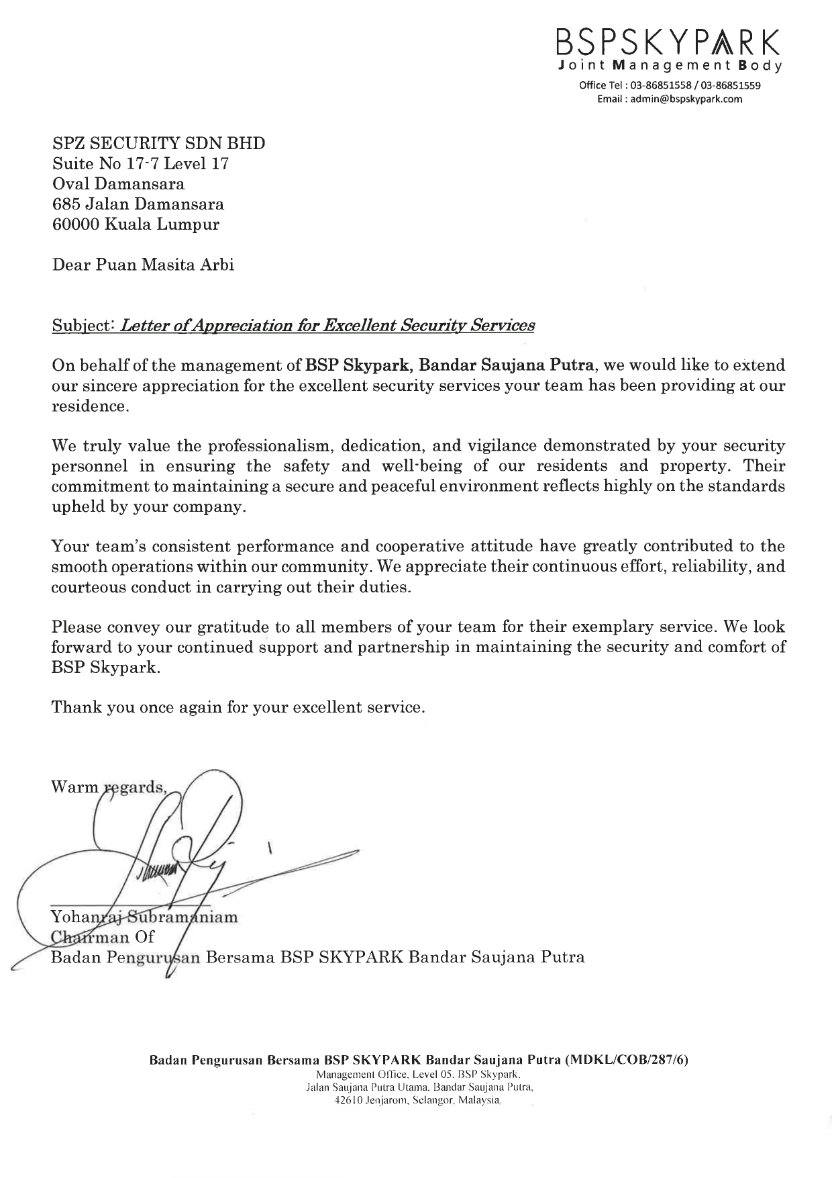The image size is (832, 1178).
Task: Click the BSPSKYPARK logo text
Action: [668, 44]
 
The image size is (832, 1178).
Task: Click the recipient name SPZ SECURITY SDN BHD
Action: [158, 143]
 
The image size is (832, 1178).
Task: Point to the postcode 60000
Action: [74, 224]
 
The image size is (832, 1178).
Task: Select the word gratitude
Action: [233, 627]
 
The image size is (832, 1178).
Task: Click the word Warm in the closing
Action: [74, 787]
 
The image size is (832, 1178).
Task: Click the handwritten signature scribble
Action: [181, 853]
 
